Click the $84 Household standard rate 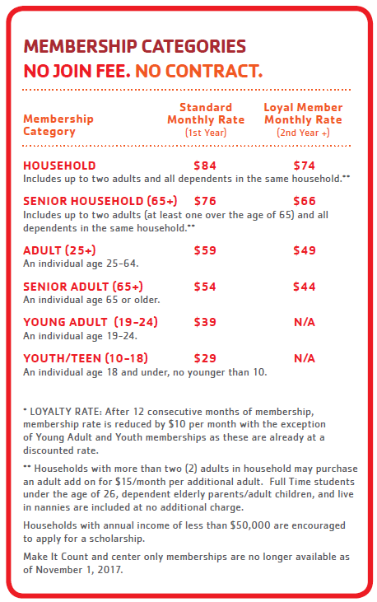click(x=205, y=166)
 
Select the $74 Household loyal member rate click(x=304, y=166)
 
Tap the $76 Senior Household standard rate click(x=205, y=201)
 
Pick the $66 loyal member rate click(x=304, y=201)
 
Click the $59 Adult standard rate click(x=205, y=250)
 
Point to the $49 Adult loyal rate click(x=304, y=250)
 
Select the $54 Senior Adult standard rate click(x=205, y=287)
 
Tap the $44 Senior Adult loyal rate click(x=304, y=287)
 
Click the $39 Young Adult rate click(x=205, y=322)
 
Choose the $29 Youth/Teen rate click(x=205, y=358)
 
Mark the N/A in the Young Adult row click(x=305, y=322)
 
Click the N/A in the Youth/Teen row click(x=305, y=358)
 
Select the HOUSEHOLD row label click(x=59, y=166)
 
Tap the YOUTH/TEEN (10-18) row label click(x=86, y=358)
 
